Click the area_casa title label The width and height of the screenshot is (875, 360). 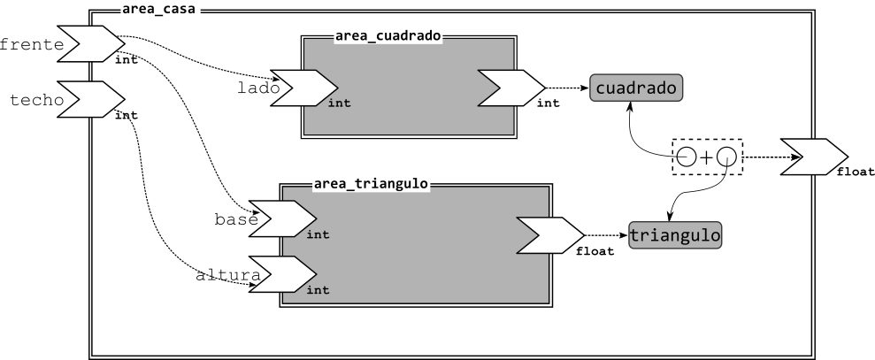pyautogui.click(x=158, y=10)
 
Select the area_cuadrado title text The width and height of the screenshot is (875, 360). pyautogui.click(x=388, y=36)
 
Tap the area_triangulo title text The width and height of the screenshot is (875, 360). pyautogui.click(x=371, y=184)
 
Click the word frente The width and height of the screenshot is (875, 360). pyautogui.click(x=32, y=44)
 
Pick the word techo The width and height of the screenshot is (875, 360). pyautogui.click(x=37, y=100)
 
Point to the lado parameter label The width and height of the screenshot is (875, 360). pyautogui.click(x=258, y=88)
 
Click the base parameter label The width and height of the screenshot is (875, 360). pyautogui.click(x=236, y=219)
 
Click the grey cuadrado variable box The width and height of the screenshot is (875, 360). pyautogui.click(x=636, y=88)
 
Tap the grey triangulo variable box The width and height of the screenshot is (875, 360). pyautogui.click(x=675, y=235)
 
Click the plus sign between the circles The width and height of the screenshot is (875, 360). pyautogui.click(x=707, y=157)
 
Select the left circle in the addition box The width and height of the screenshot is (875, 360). pyautogui.click(x=687, y=157)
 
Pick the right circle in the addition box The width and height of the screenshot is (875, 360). pyautogui.click(x=726, y=157)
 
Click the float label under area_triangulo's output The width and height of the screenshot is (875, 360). pyautogui.click(x=595, y=251)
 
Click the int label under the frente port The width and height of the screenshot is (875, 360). pyautogui.click(x=127, y=60)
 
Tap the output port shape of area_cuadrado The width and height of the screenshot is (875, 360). pyautogui.click(x=511, y=88)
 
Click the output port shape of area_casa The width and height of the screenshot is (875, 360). pyautogui.click(x=814, y=157)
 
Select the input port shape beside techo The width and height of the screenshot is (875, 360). pyautogui.click(x=91, y=99)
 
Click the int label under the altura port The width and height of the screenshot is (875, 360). pyautogui.click(x=319, y=290)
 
